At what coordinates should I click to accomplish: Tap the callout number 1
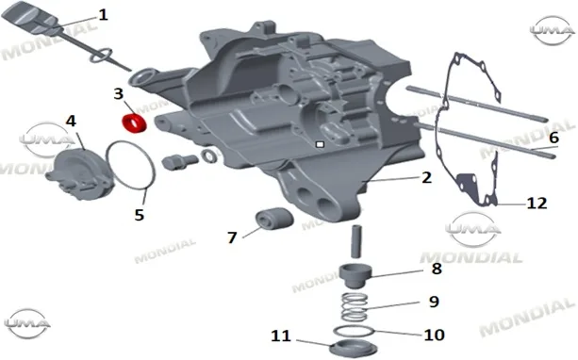103,15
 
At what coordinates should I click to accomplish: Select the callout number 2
426,177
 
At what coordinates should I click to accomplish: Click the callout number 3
118,93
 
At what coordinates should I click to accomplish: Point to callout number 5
139,215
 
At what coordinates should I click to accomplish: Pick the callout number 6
553,138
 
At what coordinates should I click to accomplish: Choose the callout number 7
232,237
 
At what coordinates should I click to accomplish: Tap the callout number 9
435,302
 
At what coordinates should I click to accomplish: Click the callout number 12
537,203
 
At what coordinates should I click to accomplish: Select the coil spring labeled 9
355,307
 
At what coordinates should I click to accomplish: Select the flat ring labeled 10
354,332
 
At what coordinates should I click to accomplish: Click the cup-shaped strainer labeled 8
355,276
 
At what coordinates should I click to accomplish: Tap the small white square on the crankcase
320,144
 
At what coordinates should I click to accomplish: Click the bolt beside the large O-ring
180,162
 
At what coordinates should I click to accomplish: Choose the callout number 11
281,335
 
